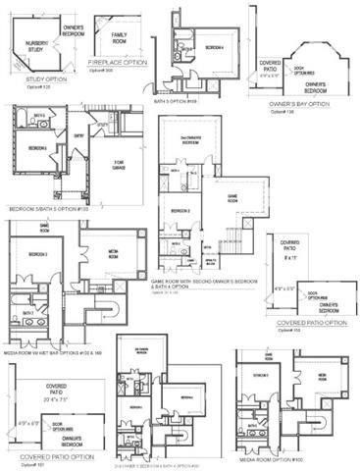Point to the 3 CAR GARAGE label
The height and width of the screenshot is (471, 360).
[x=120, y=166]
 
